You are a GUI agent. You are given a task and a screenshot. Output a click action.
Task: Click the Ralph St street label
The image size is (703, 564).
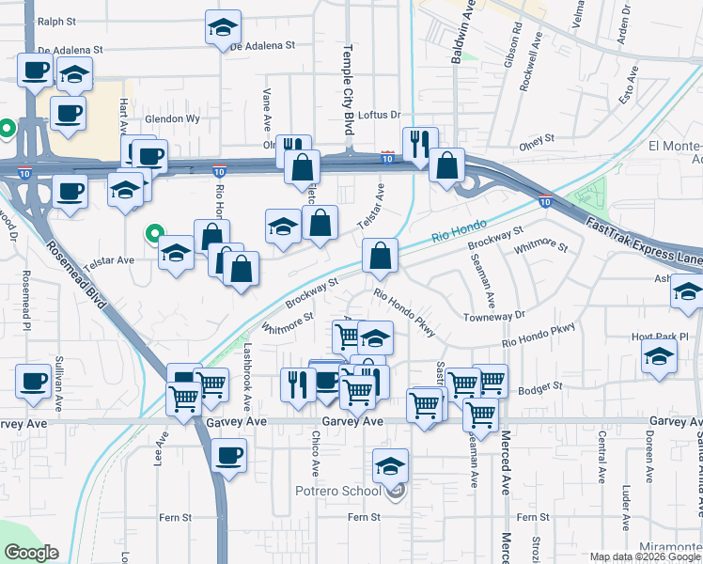point(56,20)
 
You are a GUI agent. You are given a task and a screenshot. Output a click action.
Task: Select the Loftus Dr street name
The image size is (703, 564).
point(379,115)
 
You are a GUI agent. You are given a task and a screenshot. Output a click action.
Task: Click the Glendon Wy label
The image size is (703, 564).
point(172,119)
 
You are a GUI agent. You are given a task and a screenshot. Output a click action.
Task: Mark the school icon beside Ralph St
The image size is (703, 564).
point(223,28)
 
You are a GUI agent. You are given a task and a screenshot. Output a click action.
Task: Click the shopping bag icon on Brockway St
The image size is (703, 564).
point(380,256)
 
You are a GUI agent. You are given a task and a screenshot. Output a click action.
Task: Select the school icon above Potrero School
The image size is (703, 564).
point(391,465)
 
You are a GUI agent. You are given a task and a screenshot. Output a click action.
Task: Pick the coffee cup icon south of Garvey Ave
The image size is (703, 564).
point(228,457)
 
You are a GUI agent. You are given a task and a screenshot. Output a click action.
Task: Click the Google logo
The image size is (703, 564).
point(30,553)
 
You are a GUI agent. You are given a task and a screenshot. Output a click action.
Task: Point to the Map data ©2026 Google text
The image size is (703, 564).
point(643,556)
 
